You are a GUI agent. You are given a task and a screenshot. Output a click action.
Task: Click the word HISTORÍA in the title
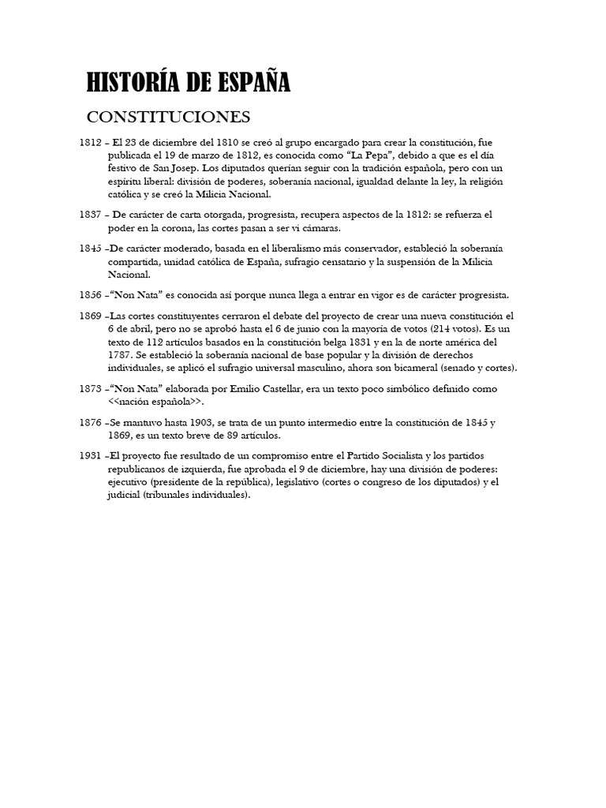click(136, 82)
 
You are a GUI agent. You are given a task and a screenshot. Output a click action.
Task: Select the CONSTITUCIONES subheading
click(168, 118)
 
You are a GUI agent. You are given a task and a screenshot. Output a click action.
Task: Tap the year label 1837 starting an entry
click(91, 214)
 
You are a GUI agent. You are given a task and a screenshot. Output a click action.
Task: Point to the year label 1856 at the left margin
click(91, 295)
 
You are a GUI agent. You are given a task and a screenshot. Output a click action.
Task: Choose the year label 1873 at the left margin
click(91, 390)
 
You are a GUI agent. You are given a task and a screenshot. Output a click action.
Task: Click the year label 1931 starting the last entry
click(91, 456)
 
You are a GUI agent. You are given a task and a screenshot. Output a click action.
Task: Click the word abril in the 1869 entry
click(140, 327)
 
